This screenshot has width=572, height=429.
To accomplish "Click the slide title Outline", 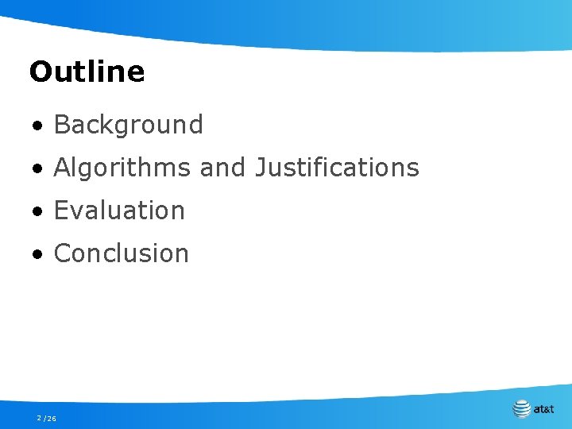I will click(x=87, y=72).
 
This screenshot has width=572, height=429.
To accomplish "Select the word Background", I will click(x=129, y=125).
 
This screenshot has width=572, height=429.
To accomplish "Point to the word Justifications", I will click(x=337, y=168).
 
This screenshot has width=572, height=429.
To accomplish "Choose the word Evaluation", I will click(x=119, y=211).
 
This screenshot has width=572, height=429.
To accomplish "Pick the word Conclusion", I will click(x=122, y=253).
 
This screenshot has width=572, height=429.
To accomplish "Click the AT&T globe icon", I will click(x=522, y=409).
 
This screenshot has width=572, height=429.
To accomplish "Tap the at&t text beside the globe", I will click(x=544, y=410).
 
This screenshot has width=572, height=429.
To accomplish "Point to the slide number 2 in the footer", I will click(x=38, y=418).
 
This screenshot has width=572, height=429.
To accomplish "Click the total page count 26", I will click(x=52, y=418).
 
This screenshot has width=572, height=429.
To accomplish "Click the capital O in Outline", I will click(x=39, y=72).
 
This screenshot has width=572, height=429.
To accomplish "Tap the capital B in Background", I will click(x=61, y=125).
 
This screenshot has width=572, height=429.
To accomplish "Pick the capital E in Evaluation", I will click(x=60, y=211).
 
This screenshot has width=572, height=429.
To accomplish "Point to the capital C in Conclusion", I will click(x=62, y=253).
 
